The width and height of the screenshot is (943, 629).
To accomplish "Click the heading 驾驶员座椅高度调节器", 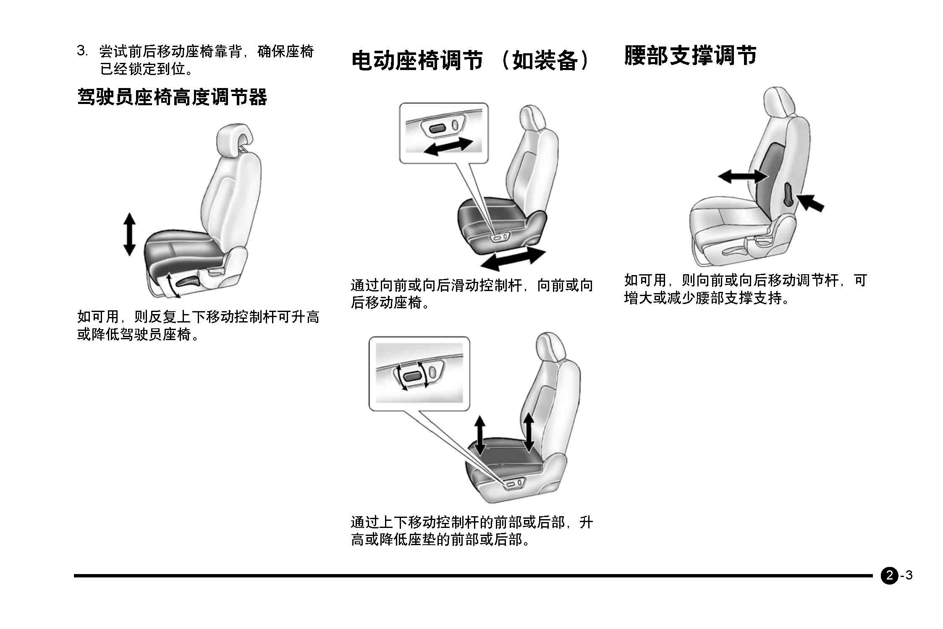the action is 172,97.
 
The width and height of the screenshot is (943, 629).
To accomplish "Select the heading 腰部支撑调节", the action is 691,56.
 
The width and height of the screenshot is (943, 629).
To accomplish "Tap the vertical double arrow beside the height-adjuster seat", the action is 129,234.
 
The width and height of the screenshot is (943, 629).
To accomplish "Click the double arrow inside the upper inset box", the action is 448,147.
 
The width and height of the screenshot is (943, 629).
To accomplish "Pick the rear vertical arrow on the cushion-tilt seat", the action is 529,432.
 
